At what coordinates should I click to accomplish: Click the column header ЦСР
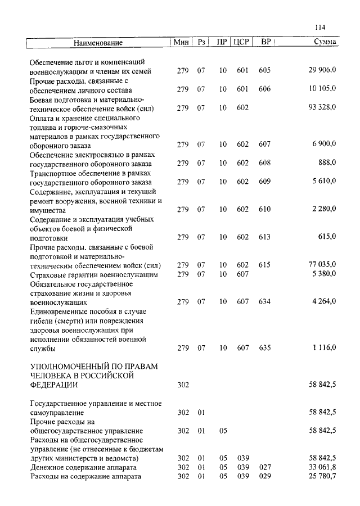pyautogui.click(x=241, y=42)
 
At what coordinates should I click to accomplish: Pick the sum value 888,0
pyautogui.click(x=327, y=162)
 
